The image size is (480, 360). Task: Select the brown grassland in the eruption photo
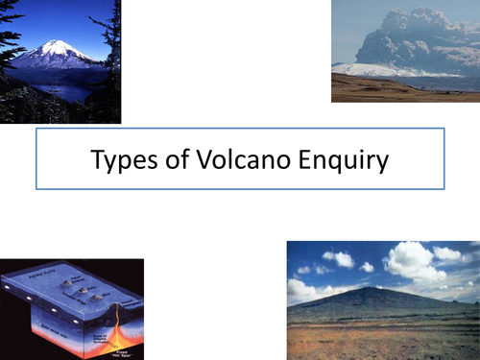coord(403,89)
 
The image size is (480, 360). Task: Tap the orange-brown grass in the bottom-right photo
coord(384,336)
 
